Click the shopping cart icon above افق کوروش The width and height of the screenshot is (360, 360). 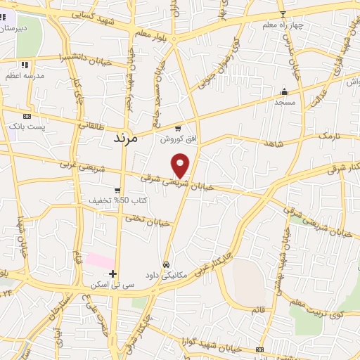point(177,129)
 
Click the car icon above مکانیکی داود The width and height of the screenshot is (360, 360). point(166,264)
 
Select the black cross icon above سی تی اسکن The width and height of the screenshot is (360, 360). point(112,274)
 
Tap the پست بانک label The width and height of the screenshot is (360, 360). point(27,126)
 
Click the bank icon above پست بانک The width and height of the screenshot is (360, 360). point(27,116)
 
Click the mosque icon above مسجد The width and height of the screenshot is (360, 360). point(284,91)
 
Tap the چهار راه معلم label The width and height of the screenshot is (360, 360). point(283,25)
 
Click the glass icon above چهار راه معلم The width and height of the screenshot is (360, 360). point(283,14)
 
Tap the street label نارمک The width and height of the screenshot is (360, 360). point(327,135)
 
